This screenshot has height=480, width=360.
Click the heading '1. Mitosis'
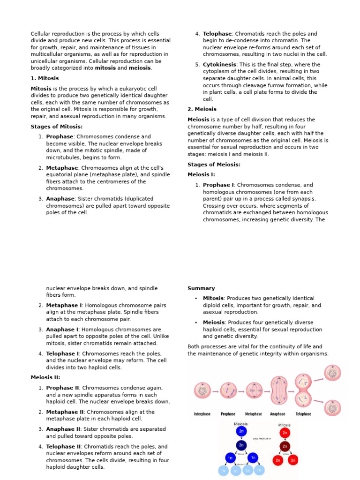(45, 78)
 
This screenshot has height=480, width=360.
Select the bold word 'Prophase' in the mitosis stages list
(60, 137)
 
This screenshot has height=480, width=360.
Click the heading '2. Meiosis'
(202, 109)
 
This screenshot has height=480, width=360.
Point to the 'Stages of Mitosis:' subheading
(57, 127)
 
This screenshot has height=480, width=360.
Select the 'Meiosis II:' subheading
(45, 377)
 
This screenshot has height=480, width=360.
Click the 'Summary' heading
(201, 288)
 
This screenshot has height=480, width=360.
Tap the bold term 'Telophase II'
(63, 447)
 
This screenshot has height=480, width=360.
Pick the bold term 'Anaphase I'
(62, 330)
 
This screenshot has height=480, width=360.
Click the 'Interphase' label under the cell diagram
(202, 414)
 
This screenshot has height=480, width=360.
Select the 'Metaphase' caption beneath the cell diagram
(254, 414)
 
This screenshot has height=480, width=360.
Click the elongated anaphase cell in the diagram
(279, 390)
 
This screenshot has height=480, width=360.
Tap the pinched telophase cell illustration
(303, 390)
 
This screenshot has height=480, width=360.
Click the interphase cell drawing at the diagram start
(202, 390)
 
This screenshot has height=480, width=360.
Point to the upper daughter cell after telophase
(332, 373)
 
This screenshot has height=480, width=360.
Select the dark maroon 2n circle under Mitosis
(285, 446)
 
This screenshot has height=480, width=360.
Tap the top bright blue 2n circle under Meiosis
(241, 431)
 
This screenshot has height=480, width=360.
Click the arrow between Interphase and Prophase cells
(216, 390)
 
